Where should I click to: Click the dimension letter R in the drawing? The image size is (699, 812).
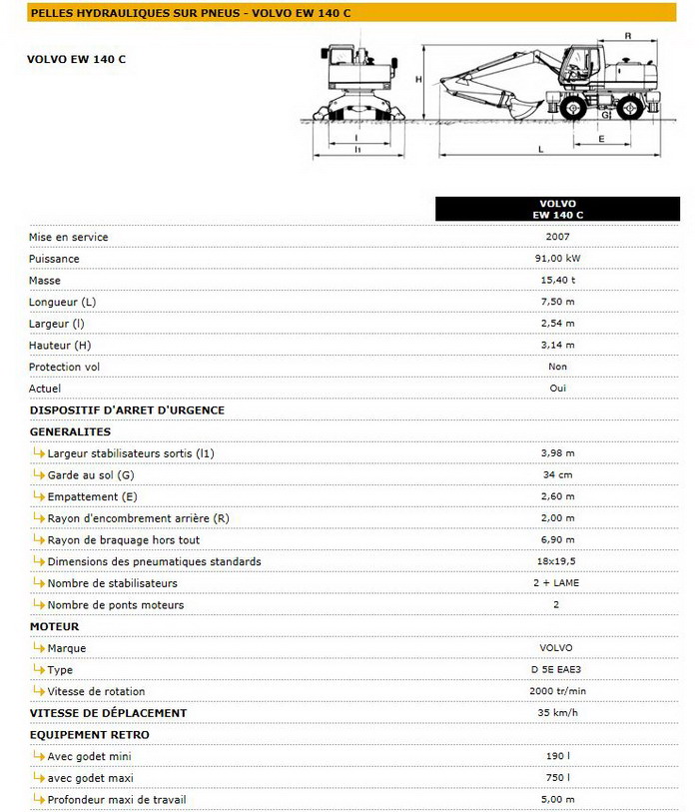click(627, 35)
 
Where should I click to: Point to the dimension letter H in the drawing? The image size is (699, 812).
click(419, 79)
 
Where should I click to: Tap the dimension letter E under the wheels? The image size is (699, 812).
click(602, 139)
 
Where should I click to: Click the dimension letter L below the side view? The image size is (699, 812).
click(540, 149)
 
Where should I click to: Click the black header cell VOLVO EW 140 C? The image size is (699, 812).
click(557, 209)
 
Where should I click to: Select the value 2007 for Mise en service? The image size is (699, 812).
click(557, 237)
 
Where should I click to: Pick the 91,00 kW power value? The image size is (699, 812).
click(557, 259)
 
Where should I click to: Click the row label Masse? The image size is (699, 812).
click(45, 281)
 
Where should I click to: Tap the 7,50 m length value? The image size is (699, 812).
click(557, 302)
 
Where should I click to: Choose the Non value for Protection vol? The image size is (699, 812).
click(557, 367)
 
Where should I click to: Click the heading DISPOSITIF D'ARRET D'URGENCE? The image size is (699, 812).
click(127, 409)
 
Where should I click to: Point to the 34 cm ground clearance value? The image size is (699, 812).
click(557, 474)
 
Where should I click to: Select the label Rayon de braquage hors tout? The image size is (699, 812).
click(124, 540)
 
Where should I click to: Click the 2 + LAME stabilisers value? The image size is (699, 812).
click(557, 582)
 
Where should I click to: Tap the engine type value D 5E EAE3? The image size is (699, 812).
click(557, 669)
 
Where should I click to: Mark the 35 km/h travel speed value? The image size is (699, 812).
click(557, 713)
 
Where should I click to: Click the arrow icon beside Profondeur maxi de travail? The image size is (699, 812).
click(39, 799)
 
